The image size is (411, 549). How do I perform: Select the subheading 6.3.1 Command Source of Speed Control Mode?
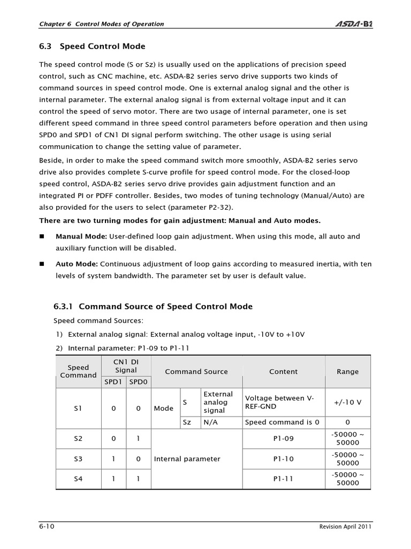pos(153,307)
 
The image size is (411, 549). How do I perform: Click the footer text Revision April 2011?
pos(341,526)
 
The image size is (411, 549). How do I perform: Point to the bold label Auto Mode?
pos(77,264)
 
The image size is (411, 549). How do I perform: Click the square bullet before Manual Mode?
pos(43,236)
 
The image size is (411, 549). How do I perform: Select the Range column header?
pos(347,372)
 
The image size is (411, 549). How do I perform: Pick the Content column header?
pos(284,372)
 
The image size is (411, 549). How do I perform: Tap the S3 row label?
pos(78,459)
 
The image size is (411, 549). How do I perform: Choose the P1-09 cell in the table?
pos(284,439)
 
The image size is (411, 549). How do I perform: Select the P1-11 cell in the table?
pos(284,479)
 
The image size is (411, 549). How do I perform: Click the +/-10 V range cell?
pos(347,402)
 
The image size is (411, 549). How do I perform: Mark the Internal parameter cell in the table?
pos(187,459)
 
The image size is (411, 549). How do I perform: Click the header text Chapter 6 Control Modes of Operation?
pos(102,24)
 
